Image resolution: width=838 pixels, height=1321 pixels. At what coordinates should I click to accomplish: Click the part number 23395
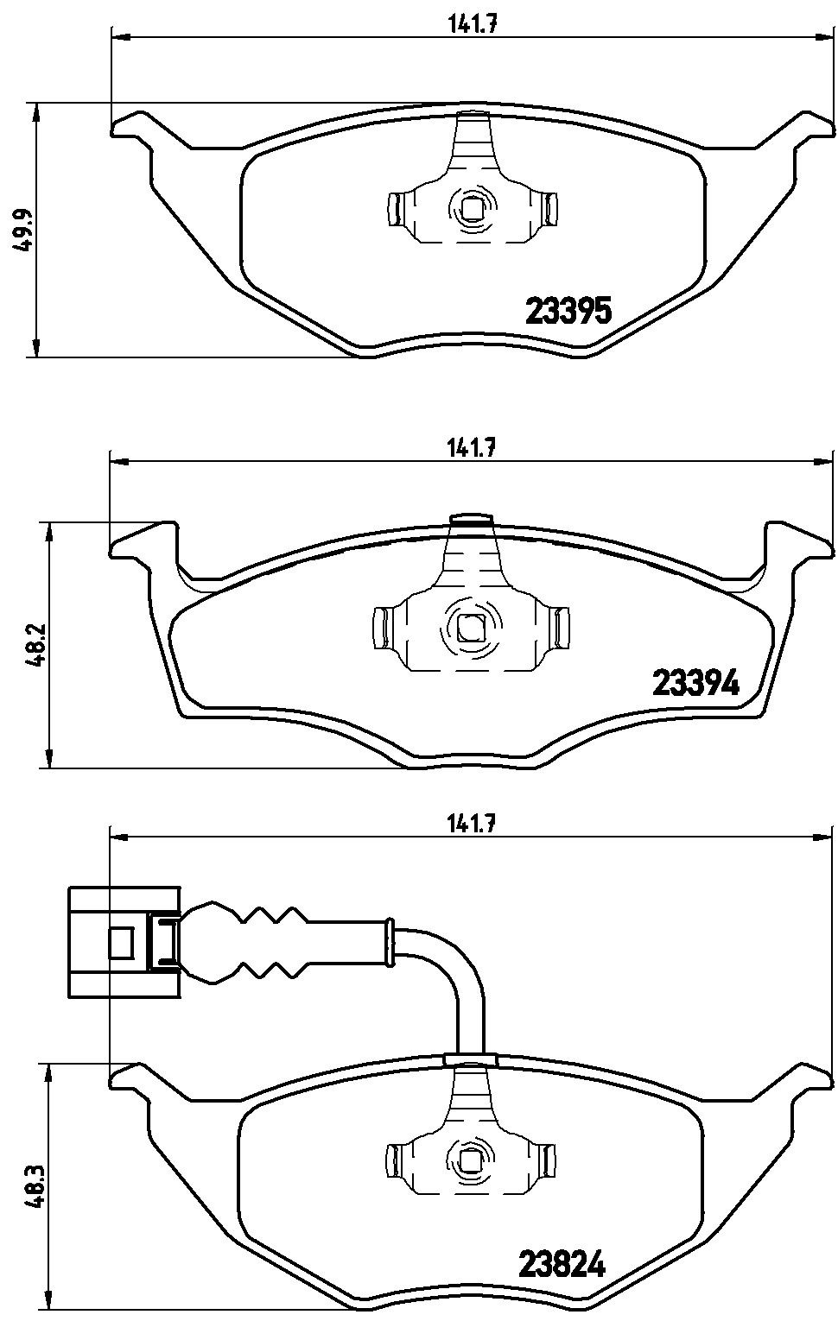pos(568,311)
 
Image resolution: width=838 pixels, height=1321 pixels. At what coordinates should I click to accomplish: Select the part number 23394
pos(695,684)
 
